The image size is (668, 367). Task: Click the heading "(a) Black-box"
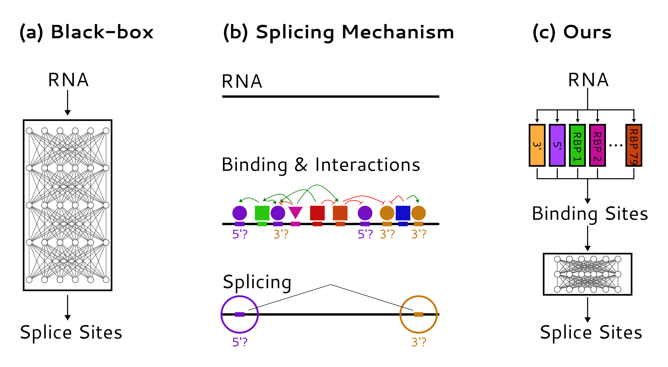tap(86, 32)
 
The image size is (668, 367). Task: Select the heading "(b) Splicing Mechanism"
tap(338, 32)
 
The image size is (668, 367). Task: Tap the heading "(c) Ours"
tap(572, 32)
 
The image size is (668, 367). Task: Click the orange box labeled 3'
tap(537, 145)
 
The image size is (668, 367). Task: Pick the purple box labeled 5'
tap(557, 145)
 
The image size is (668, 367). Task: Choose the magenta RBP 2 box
tap(597, 145)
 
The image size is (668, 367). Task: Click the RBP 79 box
tap(634, 145)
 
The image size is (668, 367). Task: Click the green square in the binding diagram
tap(262, 213)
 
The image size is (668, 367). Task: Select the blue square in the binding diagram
tap(403, 213)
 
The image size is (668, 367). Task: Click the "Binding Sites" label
tap(590, 214)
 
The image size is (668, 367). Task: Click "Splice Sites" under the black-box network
tap(71, 333)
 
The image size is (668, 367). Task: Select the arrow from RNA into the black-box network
tap(68, 102)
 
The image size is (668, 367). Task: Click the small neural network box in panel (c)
tap(587, 274)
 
